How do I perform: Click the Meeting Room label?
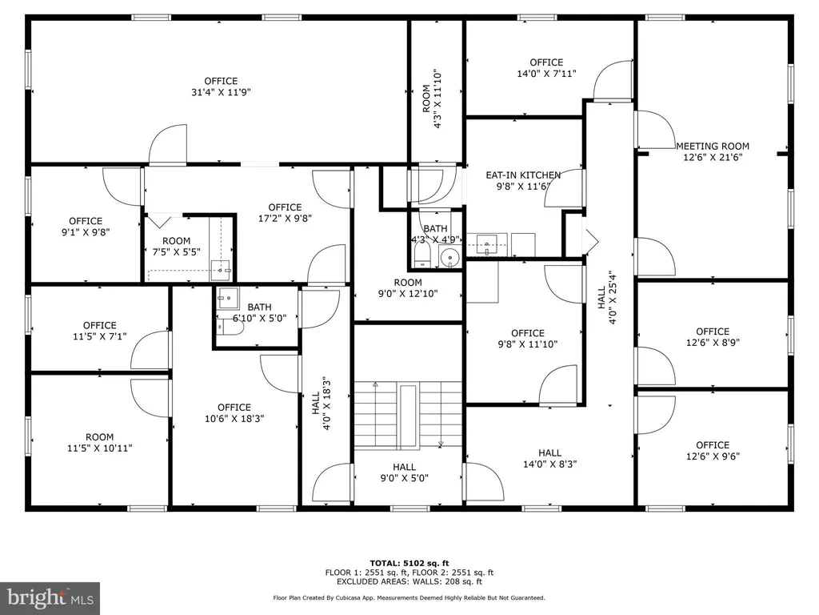[713, 151]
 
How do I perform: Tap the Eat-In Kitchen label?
[523, 180]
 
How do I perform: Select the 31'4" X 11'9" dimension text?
[221, 93]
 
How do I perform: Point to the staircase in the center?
[408, 416]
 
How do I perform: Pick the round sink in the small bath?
[449, 257]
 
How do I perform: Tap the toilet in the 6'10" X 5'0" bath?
[230, 328]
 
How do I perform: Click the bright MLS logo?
[50, 598]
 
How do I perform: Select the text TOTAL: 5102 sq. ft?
[409, 563]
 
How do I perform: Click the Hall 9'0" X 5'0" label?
[404, 472]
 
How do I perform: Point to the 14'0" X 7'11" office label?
[546, 69]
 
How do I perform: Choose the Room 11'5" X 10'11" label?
[100, 442]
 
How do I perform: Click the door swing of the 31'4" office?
[168, 144]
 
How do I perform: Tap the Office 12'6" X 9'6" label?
[713, 450]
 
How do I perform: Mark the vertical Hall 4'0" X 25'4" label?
[607, 298]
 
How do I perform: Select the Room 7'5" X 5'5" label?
[176, 247]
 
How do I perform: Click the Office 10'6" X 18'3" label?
[234, 412]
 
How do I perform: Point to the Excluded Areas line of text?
[409, 581]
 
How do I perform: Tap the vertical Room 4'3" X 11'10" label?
[432, 98]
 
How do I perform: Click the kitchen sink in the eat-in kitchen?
[487, 244]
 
